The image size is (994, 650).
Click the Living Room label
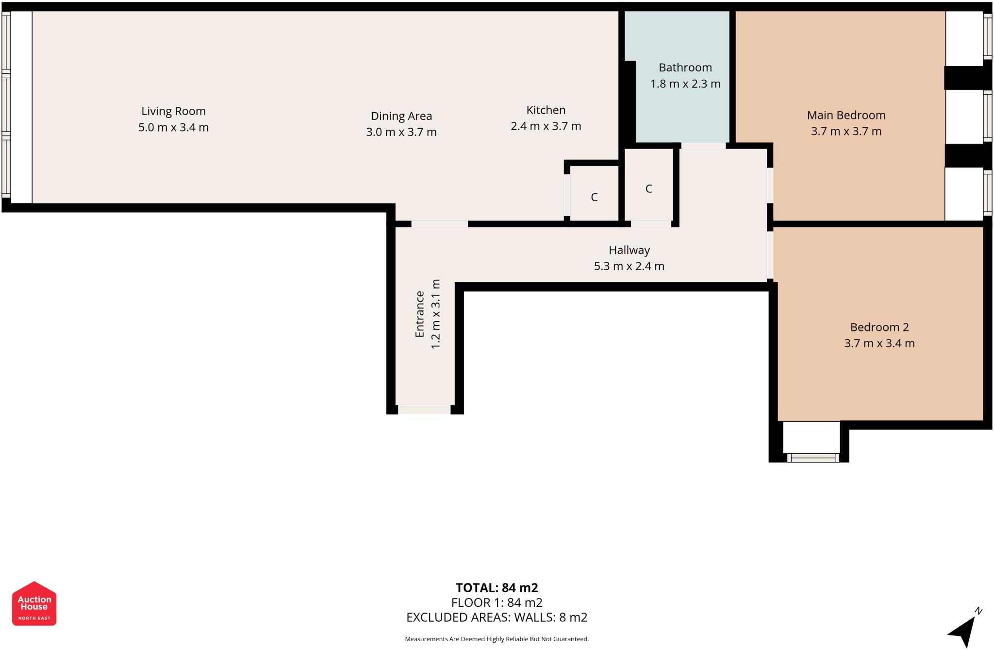tap(173, 111)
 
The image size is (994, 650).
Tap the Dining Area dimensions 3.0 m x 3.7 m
tap(401, 132)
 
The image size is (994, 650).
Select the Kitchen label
tap(546, 110)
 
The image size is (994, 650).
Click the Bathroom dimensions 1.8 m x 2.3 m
tap(685, 84)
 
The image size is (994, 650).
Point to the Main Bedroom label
tap(845, 115)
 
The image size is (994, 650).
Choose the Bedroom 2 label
tap(879, 327)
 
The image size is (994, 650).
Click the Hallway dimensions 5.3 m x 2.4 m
tap(629, 266)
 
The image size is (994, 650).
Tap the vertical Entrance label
tap(420, 314)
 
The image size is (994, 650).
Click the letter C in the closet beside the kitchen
tap(594, 197)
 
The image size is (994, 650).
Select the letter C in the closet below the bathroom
tap(648, 189)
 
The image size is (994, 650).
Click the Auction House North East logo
tap(34, 603)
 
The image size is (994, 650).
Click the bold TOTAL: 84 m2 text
tap(497, 588)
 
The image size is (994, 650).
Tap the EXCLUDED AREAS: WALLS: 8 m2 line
tap(497, 617)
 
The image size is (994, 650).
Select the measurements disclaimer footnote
tap(497, 639)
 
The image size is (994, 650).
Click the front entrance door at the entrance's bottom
tap(424, 410)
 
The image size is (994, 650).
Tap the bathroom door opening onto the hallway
tap(703, 146)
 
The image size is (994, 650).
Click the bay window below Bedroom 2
tap(812, 457)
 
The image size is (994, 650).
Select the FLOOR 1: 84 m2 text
tap(497, 603)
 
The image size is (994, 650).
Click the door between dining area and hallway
tap(439, 224)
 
